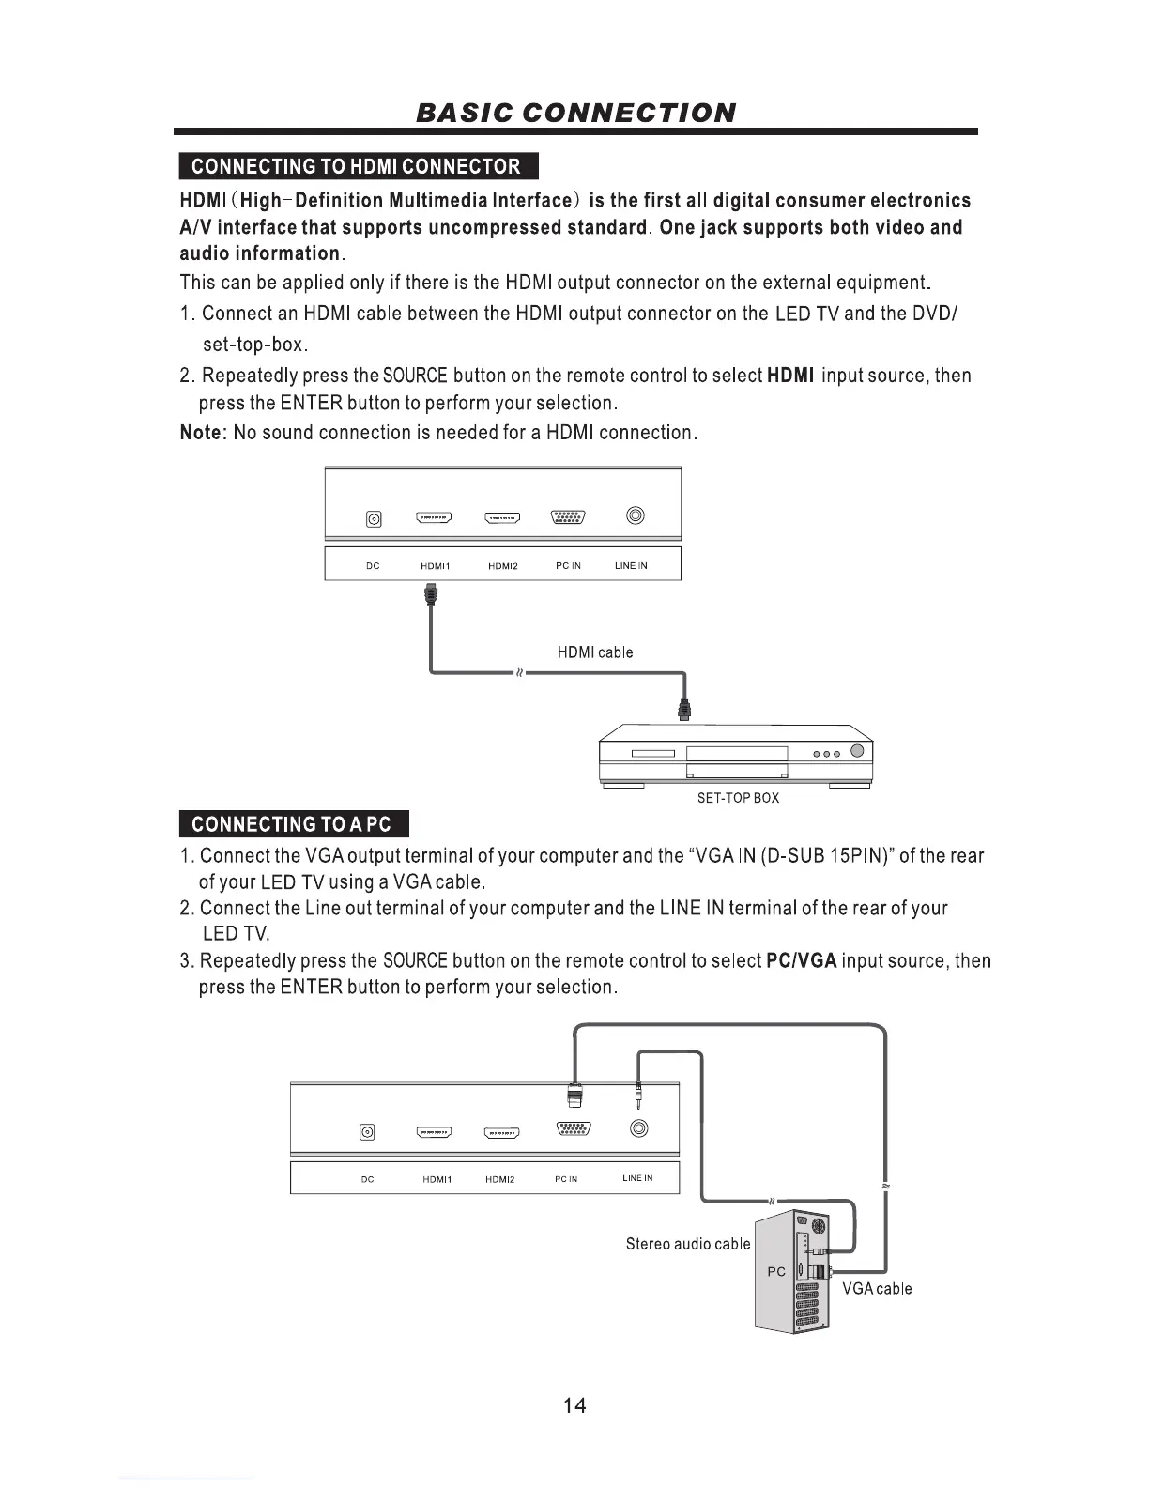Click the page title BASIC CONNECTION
pos(575,113)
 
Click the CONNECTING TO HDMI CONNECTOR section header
pos(356,166)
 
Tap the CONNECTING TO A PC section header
pos(292,824)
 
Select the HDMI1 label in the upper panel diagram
pos(436,566)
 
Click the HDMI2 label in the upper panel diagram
pos(503,566)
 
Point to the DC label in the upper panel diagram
pos(373,566)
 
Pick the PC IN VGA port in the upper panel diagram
pos(568,517)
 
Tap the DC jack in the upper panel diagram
pos(374,519)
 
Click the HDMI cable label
pos(595,652)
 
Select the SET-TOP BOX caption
pos(738,798)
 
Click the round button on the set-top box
pos(857,751)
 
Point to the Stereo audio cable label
pos(688,1244)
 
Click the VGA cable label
pos(877,1289)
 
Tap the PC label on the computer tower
pos(776,1272)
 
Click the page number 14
pos(574,1405)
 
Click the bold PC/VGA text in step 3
pos(801,961)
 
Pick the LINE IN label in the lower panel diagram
pos(637,1178)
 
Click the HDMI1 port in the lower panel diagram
pos(435,1132)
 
